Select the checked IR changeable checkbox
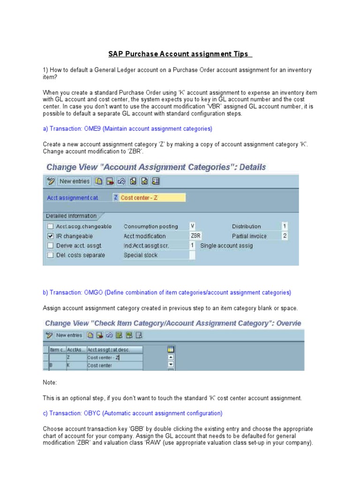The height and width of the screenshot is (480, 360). [x=50, y=236]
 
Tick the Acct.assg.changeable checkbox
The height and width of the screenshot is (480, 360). [x=50, y=226]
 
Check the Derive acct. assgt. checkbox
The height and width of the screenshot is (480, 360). [x=50, y=246]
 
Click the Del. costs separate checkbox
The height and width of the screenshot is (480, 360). [x=50, y=255]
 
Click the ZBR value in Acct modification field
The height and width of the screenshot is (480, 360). [x=195, y=236]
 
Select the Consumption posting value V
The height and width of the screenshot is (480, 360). [x=192, y=226]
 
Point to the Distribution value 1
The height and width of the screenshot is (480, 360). [x=285, y=226]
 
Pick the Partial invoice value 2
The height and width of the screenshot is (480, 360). [x=285, y=236]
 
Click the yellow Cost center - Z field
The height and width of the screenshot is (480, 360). [x=152, y=198]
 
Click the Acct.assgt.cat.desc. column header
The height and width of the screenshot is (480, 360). [x=109, y=349]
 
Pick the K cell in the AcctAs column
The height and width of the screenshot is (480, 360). [x=68, y=365]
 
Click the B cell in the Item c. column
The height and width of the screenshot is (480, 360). [x=51, y=365]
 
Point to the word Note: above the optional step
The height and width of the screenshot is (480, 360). [x=50, y=382]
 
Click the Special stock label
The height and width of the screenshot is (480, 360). [x=141, y=255]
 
